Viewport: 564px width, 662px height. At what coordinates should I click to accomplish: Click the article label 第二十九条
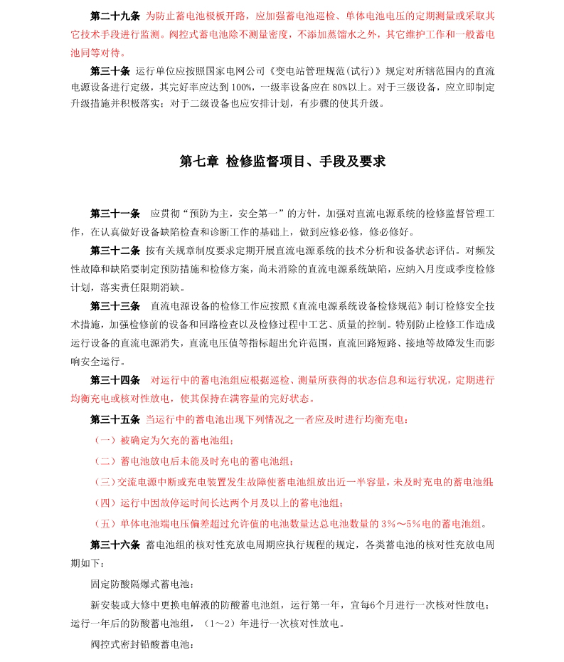click(x=115, y=15)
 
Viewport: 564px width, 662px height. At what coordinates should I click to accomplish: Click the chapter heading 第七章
click(x=199, y=162)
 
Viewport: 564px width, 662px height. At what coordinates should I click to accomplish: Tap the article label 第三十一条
click(x=115, y=214)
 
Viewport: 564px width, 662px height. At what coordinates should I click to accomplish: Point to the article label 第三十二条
click(x=115, y=251)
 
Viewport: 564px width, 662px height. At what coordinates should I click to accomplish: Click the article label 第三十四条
click(x=115, y=380)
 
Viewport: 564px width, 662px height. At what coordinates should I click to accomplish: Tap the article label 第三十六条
click(x=115, y=545)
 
